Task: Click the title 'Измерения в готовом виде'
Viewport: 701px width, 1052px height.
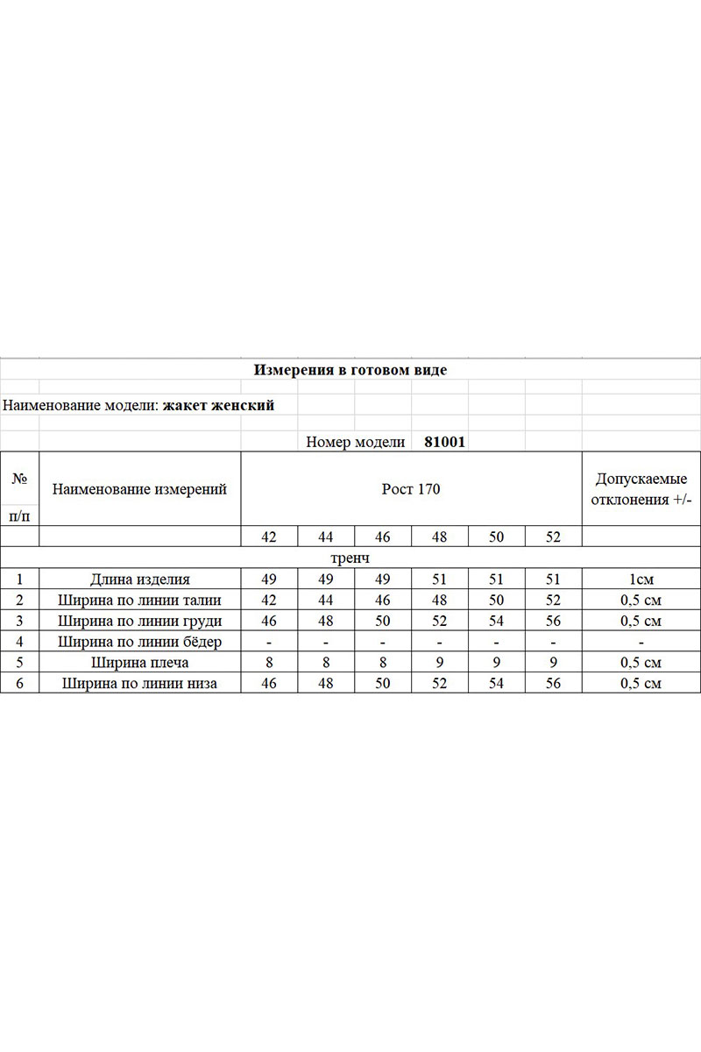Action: point(350,370)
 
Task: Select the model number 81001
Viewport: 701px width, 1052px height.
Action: point(444,443)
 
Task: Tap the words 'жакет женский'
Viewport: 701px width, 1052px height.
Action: point(218,406)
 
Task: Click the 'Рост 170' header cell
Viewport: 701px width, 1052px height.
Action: point(411,489)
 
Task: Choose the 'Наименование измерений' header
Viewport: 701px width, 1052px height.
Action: point(139,489)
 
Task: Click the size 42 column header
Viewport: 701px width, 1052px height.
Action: point(269,537)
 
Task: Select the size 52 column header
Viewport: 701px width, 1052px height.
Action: point(553,537)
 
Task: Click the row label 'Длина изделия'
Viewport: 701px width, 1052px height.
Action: point(139,579)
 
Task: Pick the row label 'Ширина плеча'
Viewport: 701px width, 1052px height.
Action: point(139,663)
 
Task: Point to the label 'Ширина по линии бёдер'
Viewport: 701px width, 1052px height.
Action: point(139,642)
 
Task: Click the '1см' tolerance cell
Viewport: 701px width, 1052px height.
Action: point(641,579)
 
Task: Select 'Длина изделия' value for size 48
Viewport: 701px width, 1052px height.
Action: point(440,579)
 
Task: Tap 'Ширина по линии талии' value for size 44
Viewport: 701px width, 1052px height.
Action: point(326,601)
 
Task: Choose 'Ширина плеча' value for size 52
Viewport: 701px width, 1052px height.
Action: point(553,663)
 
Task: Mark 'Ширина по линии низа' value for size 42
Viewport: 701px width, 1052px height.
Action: point(269,684)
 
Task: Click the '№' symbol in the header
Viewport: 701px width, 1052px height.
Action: point(19,479)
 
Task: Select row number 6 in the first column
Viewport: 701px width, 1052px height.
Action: point(19,684)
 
